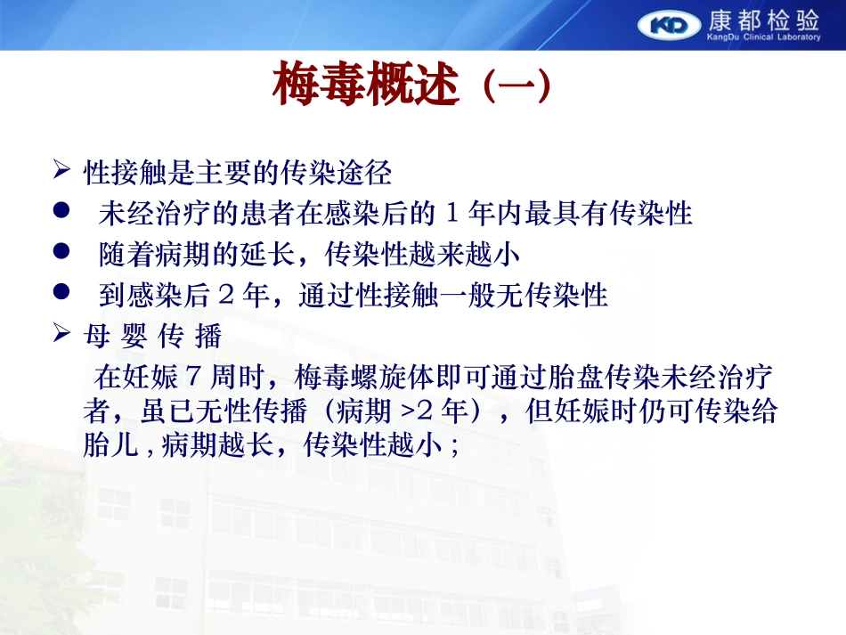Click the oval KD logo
pyautogui.click(x=669, y=25)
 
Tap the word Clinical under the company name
pyautogui.click(x=758, y=37)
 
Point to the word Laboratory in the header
pyautogui.click(x=799, y=37)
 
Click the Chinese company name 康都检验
pyautogui.click(x=763, y=20)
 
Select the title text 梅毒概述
pyautogui.click(x=366, y=85)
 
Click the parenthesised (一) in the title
pyautogui.click(x=517, y=85)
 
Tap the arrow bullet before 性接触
pyautogui.click(x=61, y=169)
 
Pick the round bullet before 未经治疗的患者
pyautogui.click(x=61, y=210)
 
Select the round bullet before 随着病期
pyautogui.click(x=61, y=250)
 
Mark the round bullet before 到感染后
pyautogui.click(x=61, y=291)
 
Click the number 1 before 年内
pyautogui.click(x=452, y=213)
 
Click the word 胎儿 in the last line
pyautogui.click(x=110, y=445)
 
